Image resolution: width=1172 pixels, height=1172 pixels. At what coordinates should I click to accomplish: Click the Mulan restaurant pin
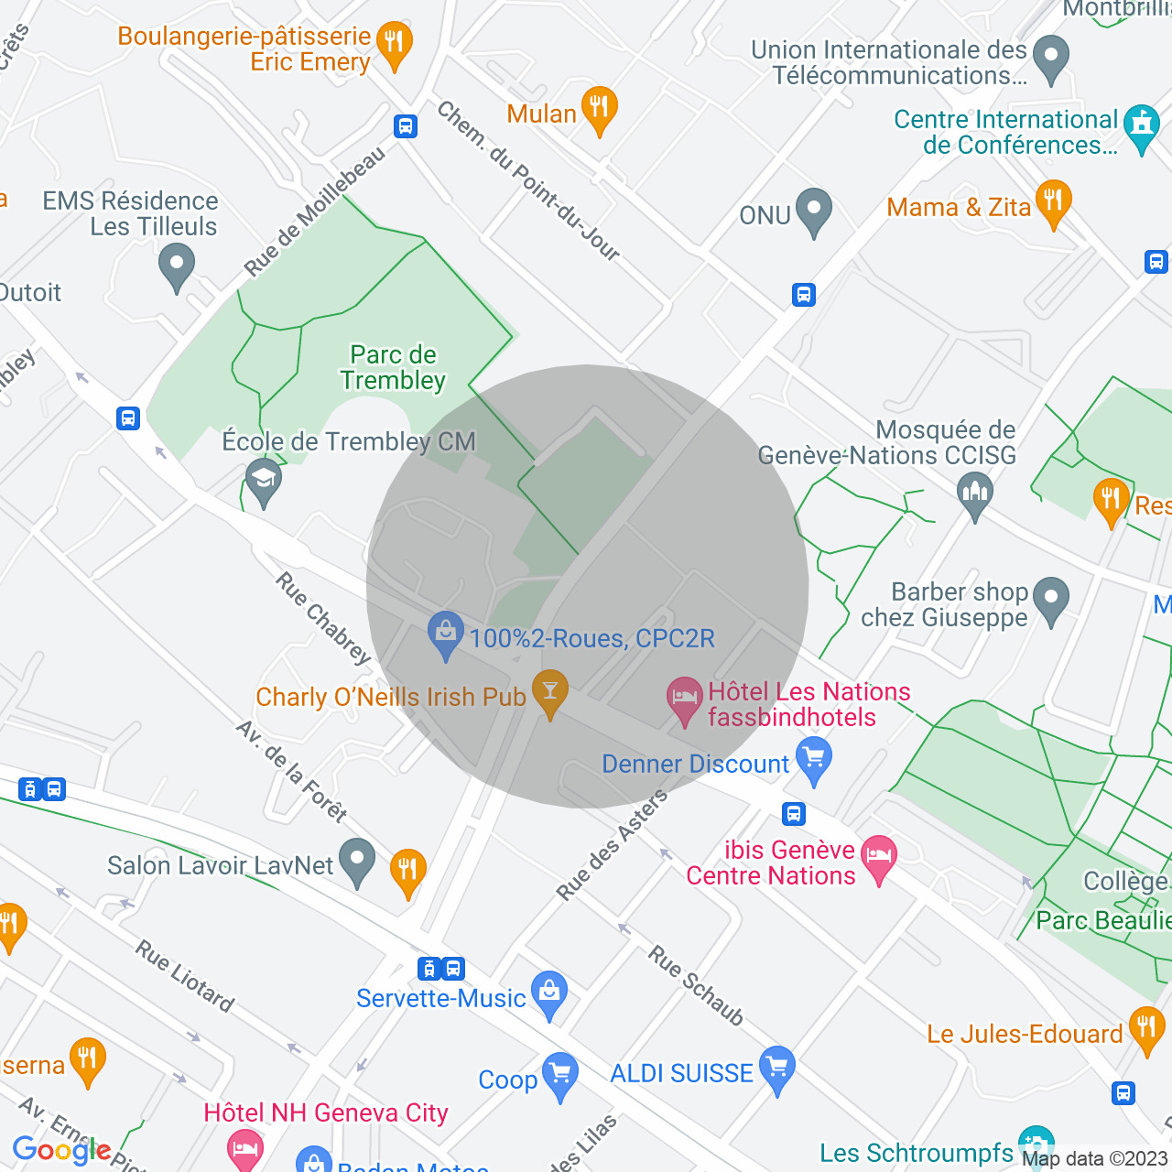pyautogui.click(x=599, y=110)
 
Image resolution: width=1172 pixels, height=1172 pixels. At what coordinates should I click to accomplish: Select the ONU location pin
pyautogui.click(x=813, y=212)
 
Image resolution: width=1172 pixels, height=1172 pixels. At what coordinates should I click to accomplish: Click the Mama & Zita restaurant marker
pyautogui.click(x=1053, y=202)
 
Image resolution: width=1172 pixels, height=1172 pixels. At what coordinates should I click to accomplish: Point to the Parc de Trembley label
pyautogui.click(x=393, y=368)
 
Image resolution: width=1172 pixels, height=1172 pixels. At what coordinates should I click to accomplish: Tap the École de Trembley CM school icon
pyautogui.click(x=264, y=481)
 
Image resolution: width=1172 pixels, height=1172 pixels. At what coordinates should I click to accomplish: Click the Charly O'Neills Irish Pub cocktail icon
pyautogui.click(x=549, y=692)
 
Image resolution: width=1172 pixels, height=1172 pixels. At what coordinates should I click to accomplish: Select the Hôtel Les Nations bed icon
pyautogui.click(x=684, y=700)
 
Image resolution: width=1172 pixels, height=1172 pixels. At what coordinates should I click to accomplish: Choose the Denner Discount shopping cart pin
pyautogui.click(x=813, y=761)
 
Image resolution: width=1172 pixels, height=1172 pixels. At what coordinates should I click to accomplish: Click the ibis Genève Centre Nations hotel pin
pyautogui.click(x=878, y=859)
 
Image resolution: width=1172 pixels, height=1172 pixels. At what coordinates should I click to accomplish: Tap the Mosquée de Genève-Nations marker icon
pyautogui.click(x=974, y=494)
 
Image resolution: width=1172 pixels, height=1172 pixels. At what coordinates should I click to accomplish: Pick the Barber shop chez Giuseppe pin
pyautogui.click(x=1051, y=600)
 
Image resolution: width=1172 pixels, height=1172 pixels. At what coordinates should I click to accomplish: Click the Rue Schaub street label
pyautogui.click(x=696, y=985)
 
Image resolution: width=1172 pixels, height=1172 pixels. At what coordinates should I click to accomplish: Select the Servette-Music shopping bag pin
pyautogui.click(x=548, y=993)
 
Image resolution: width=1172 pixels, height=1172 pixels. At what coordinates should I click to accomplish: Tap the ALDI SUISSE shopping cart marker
pyautogui.click(x=776, y=1069)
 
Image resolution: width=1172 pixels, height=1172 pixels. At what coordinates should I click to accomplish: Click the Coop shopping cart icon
pyautogui.click(x=559, y=1075)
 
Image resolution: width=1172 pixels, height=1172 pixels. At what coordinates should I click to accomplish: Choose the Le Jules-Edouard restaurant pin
pyautogui.click(x=1146, y=1029)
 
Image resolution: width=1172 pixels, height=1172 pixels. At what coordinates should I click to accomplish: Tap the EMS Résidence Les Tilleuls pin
pyautogui.click(x=176, y=267)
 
